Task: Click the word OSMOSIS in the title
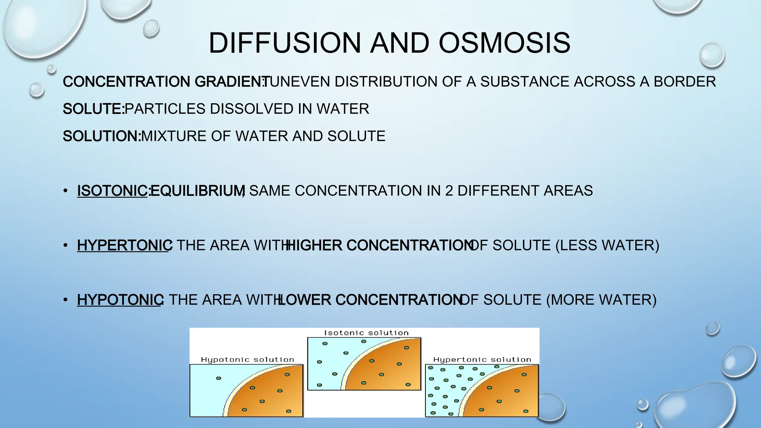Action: click(x=504, y=43)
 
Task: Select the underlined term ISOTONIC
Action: click(x=112, y=191)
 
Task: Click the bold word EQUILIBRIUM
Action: click(x=197, y=191)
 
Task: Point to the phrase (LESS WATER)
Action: click(x=607, y=246)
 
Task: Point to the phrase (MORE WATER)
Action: click(x=601, y=300)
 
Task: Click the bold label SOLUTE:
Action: click(x=93, y=109)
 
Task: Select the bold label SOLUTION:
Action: click(x=101, y=136)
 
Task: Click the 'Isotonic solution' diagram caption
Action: click(x=366, y=333)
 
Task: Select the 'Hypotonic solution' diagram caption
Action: click(x=247, y=360)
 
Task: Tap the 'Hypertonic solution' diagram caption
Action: click(x=482, y=360)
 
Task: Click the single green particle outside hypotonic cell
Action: click(x=218, y=378)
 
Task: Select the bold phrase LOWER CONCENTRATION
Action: click(x=370, y=300)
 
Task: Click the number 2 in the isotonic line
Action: click(x=449, y=191)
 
